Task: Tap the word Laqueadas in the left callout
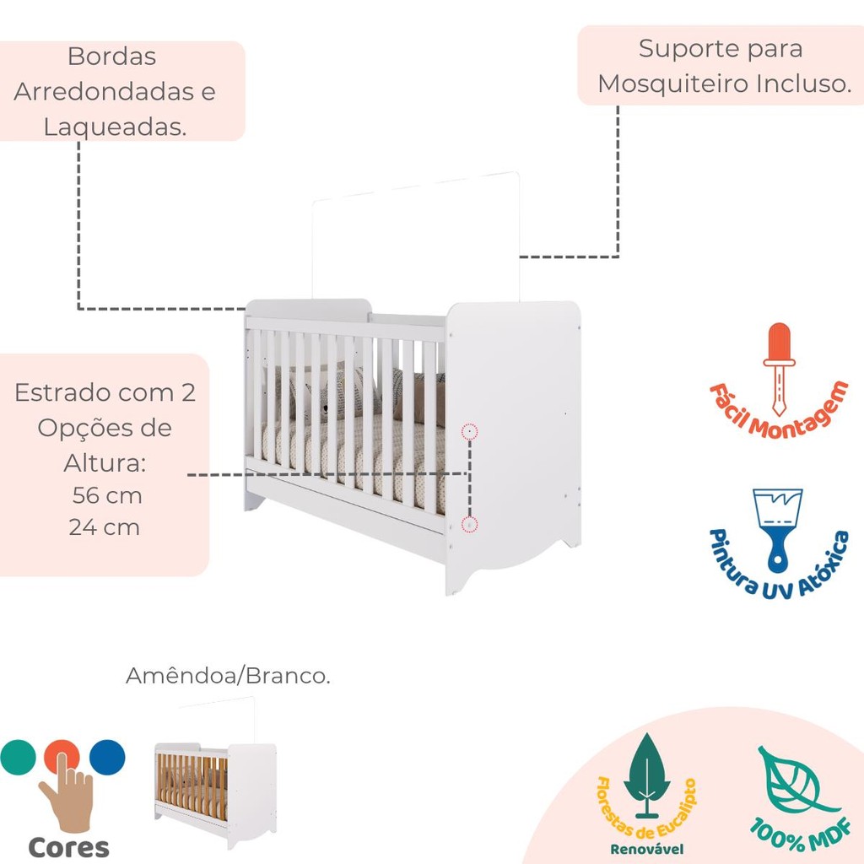pos(115,127)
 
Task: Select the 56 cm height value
pos(107,495)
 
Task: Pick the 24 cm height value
pos(105,527)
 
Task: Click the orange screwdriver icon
pos(779,370)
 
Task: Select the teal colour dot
pos(19,757)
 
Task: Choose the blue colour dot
pos(107,757)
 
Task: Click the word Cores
pos(68,847)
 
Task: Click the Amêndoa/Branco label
pos(228,676)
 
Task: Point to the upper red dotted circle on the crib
pos(469,431)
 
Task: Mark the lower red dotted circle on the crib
pos(469,525)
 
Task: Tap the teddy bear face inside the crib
pos(326,408)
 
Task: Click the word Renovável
pos(647,849)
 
